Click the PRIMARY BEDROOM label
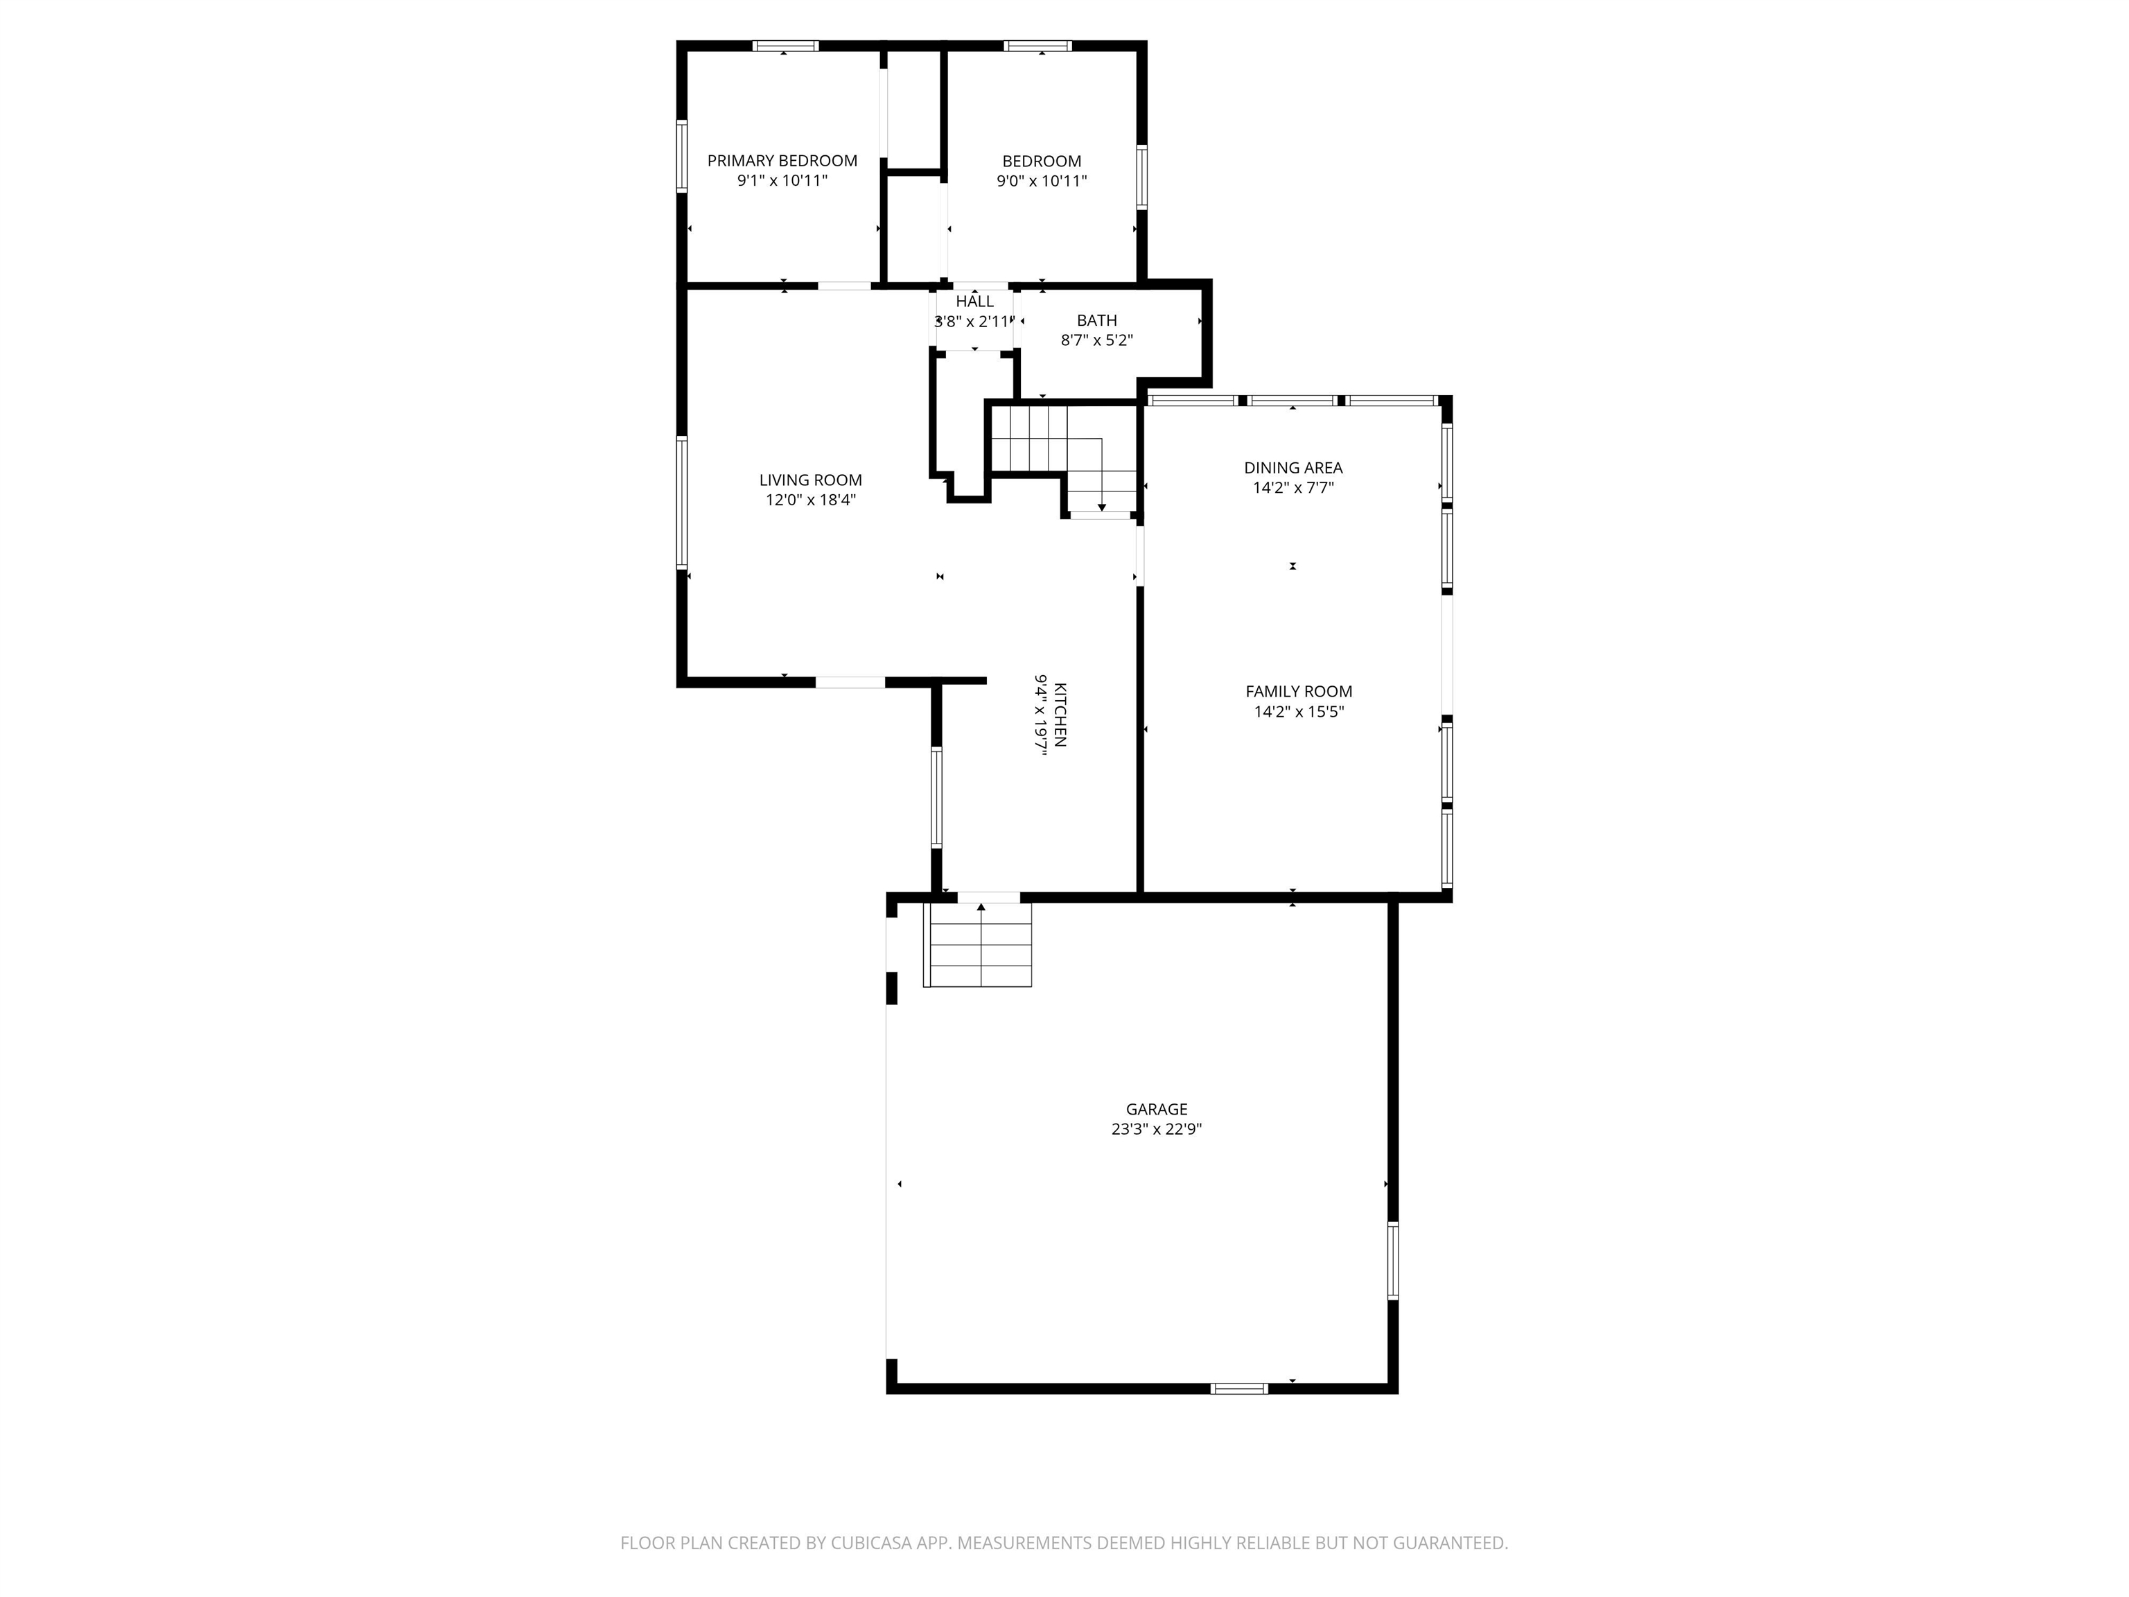(782, 161)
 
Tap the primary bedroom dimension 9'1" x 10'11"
(782, 181)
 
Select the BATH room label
(1096, 320)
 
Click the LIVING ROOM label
(810, 480)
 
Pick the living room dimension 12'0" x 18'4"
(810, 500)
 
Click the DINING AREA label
(1293, 468)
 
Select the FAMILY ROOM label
(1298, 691)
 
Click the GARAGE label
(1156, 1109)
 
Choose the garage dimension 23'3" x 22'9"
(1156, 1129)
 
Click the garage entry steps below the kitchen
(978, 945)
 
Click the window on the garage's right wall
(1392, 1261)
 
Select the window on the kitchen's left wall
(936, 797)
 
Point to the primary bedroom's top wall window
(785, 45)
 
